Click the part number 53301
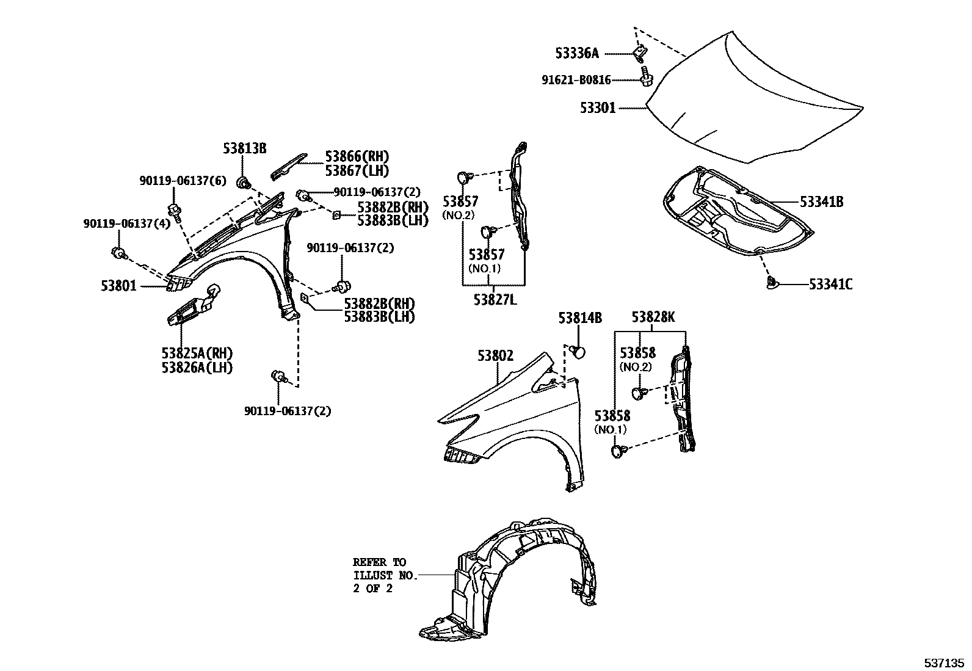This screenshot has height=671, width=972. [598, 109]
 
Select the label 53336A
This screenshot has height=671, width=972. [577, 54]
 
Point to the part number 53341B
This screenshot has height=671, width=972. [821, 201]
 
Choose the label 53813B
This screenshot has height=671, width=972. [244, 148]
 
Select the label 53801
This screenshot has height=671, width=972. [119, 285]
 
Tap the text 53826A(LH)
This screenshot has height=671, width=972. [197, 367]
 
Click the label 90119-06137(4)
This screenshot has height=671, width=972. [127, 224]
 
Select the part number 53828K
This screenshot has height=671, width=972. [653, 317]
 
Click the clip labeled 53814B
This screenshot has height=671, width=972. [578, 352]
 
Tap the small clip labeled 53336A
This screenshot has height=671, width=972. [639, 54]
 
